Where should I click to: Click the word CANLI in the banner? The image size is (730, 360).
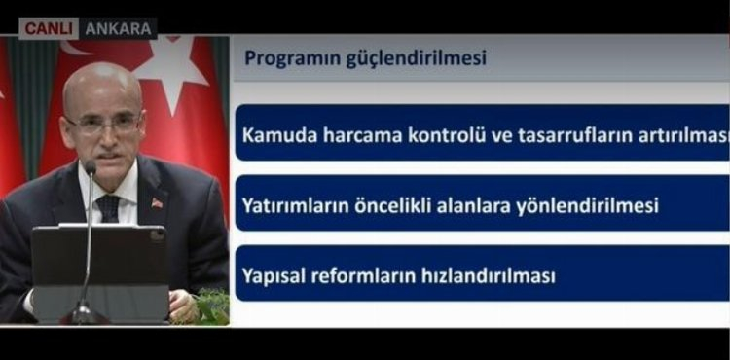click(49, 29)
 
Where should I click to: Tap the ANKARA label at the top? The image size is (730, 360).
click(119, 29)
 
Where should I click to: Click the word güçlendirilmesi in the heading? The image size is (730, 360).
click(416, 59)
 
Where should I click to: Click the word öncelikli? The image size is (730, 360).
click(392, 205)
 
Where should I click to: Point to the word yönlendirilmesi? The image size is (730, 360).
click(588, 205)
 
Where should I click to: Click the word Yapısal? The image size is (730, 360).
click(274, 276)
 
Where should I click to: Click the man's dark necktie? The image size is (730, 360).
click(108, 208)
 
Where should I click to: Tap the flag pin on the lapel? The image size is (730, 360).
click(157, 203)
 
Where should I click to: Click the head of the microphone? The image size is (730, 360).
click(91, 166)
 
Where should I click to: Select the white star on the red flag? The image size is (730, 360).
click(171, 70)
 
